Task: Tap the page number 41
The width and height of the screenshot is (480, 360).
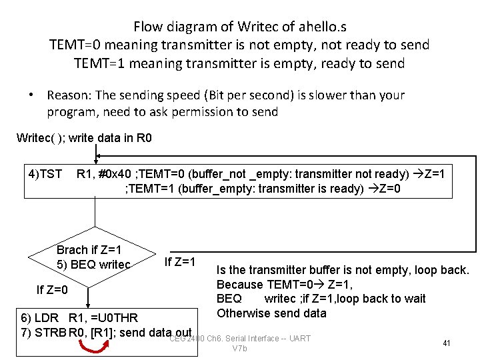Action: (447, 343)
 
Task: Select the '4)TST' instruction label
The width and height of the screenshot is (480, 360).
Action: (44, 175)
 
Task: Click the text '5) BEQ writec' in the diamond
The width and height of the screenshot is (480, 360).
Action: (93, 266)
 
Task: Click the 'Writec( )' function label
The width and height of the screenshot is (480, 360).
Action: (40, 139)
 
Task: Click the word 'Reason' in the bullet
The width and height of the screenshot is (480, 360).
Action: (69, 95)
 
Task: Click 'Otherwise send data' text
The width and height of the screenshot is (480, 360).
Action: (262, 313)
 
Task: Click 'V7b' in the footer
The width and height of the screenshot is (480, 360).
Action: (240, 349)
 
